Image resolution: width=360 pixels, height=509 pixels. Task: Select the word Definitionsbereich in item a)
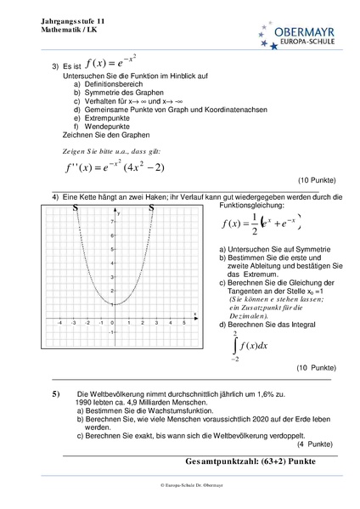point(114,85)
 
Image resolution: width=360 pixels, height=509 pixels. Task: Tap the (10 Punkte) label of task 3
point(318,181)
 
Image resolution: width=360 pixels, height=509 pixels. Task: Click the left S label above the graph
point(76,208)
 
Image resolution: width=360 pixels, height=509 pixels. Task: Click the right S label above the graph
point(151,208)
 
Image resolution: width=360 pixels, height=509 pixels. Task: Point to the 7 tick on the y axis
point(113,221)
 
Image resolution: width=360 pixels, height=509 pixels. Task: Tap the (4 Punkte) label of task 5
point(316,445)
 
